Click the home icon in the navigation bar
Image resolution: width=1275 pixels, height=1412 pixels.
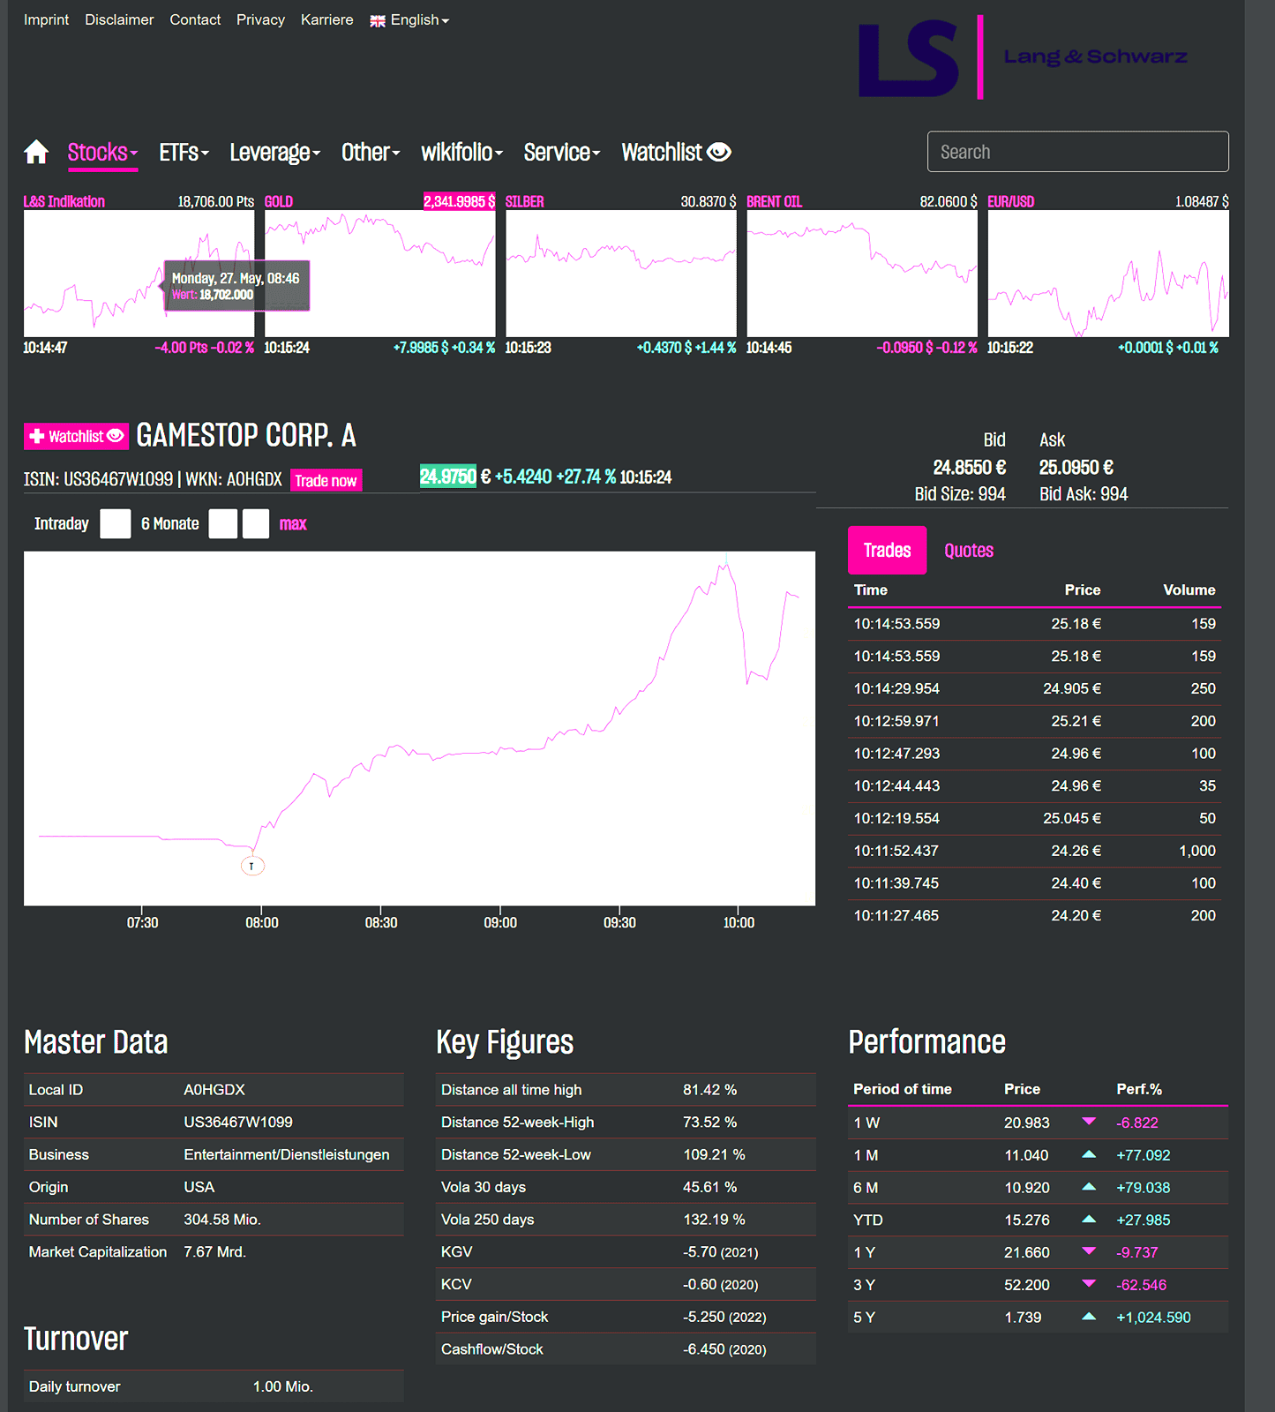tap(36, 152)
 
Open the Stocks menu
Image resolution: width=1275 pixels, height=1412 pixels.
tap(102, 153)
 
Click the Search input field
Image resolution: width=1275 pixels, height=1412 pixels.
tap(1077, 152)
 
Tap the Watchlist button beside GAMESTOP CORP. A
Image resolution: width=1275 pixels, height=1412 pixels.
tap(76, 436)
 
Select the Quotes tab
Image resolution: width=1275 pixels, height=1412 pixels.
tap(969, 551)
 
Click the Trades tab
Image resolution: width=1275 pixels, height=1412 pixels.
tap(887, 551)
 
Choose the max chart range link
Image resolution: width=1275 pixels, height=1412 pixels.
tap(293, 524)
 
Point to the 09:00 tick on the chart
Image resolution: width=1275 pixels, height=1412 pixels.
tap(500, 922)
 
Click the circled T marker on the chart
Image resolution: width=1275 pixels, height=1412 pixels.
tap(252, 866)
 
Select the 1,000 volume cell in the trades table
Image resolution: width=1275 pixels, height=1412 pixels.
tap(1197, 851)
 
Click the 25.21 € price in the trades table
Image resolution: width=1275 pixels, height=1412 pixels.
tap(1076, 721)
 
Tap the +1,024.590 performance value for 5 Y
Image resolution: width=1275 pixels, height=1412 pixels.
tap(1153, 1318)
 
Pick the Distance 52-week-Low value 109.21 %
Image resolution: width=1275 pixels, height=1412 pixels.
tap(714, 1154)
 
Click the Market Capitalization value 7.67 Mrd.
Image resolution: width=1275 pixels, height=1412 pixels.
tap(214, 1251)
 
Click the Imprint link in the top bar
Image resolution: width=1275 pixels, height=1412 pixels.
tap(46, 19)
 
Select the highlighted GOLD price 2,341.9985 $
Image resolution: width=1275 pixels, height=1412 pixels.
tap(459, 201)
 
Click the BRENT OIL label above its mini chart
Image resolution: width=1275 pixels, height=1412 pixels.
tap(774, 201)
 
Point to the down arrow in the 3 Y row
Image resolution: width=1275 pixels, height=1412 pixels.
tap(1089, 1283)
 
